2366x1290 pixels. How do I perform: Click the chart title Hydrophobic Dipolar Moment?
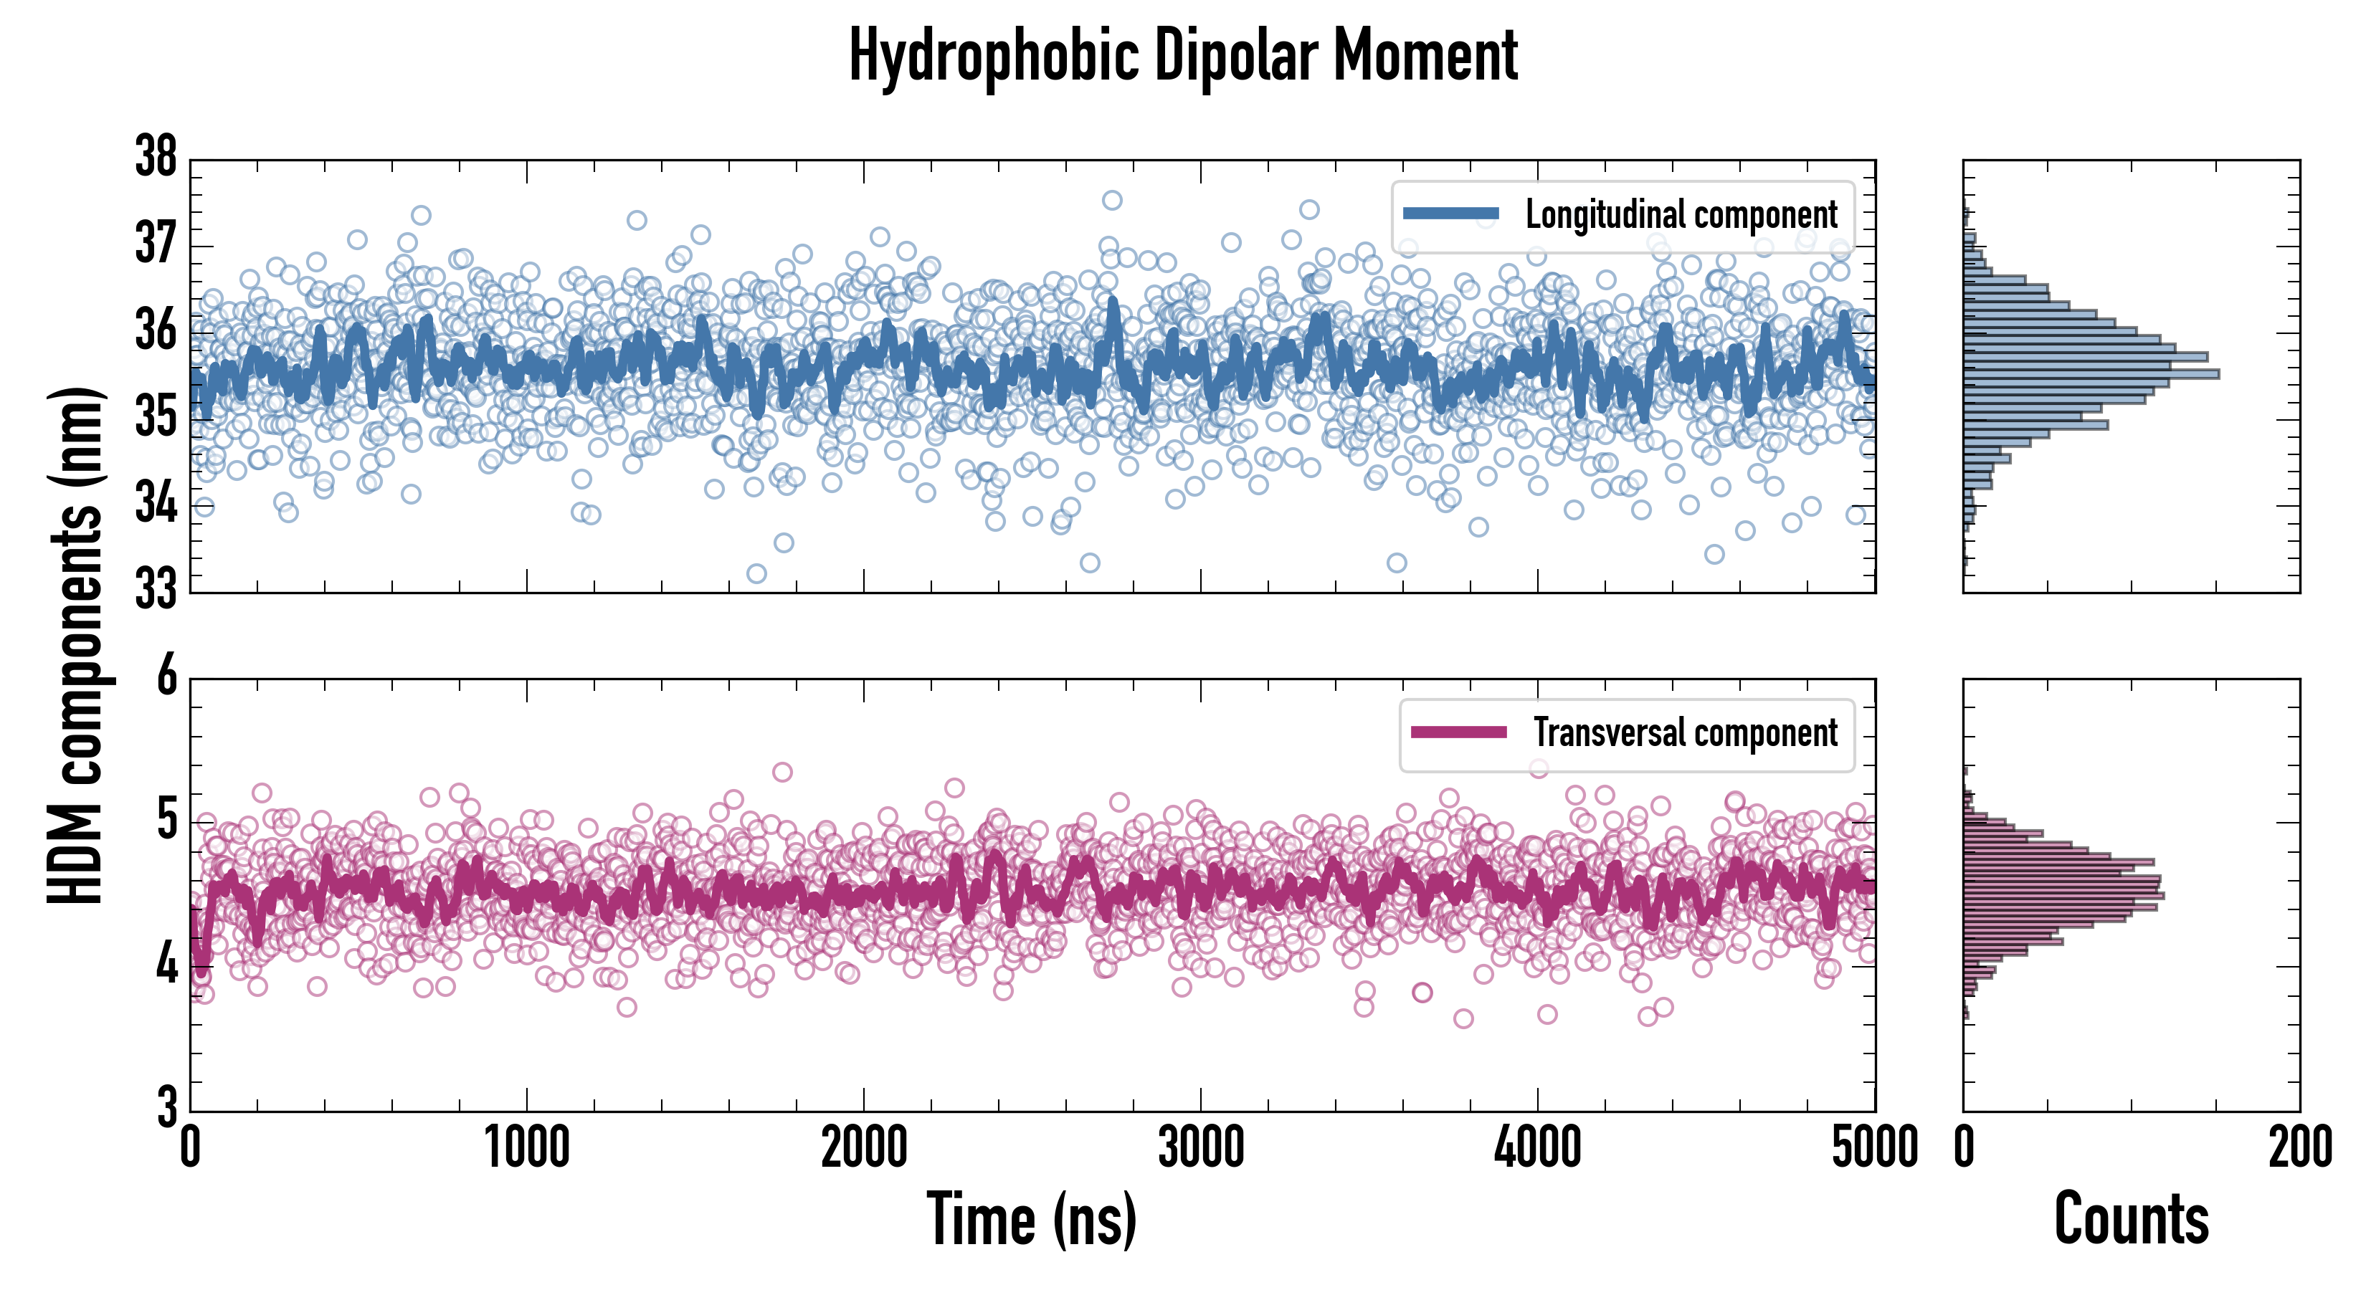1183,56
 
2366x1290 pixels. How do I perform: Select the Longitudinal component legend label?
1681,215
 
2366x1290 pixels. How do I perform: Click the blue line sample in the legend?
1451,214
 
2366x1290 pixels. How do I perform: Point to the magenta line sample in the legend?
1458,732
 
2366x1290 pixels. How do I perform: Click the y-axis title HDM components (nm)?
76,646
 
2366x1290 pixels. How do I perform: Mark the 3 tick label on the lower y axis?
166,1108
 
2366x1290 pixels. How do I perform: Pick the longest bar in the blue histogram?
2091,373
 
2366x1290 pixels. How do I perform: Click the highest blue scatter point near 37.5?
1111,200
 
